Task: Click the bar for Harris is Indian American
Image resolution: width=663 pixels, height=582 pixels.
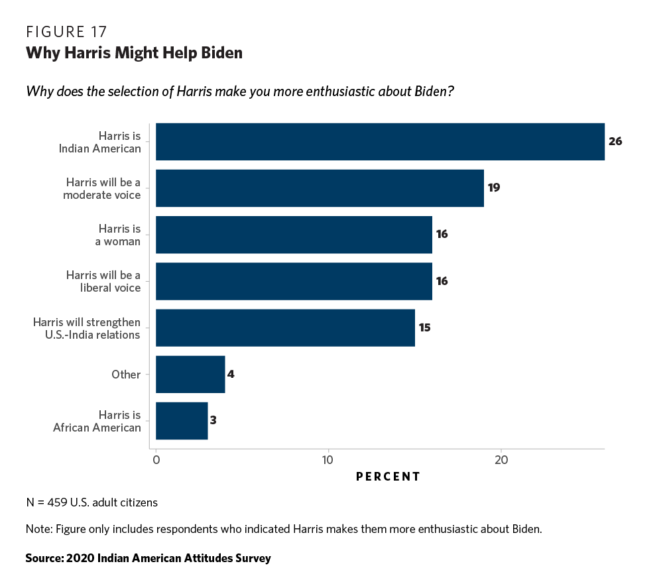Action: [x=380, y=141]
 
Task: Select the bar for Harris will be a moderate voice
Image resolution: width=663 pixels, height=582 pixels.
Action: [x=320, y=188]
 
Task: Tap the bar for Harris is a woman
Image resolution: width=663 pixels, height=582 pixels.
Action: [x=294, y=235]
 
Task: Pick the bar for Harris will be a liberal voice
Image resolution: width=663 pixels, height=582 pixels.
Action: [x=294, y=281]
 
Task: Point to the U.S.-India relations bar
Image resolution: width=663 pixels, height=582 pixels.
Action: [x=285, y=327]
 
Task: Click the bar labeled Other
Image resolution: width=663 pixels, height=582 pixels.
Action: [x=190, y=374]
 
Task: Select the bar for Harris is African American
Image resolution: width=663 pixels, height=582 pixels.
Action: [x=182, y=421]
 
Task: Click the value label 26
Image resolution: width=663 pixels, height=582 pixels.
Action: [x=615, y=141]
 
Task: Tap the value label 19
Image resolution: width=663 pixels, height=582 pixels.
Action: [x=493, y=188]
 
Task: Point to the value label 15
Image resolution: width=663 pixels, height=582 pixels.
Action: [x=424, y=327]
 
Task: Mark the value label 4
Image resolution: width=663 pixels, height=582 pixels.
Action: [x=231, y=374]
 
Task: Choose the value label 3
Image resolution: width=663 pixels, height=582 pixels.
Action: [x=213, y=421]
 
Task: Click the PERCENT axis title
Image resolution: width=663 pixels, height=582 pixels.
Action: [x=388, y=477]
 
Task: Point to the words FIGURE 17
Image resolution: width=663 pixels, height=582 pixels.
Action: [x=66, y=32]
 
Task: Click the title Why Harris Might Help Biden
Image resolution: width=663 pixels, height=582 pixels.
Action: [x=134, y=53]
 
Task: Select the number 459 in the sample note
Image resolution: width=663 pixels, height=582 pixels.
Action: [x=56, y=502]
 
